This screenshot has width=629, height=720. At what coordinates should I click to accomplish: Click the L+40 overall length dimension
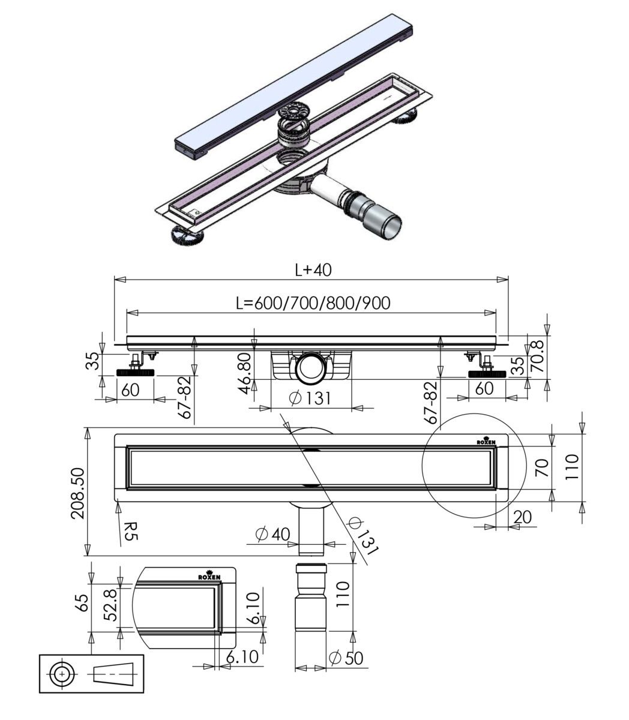pos(313,270)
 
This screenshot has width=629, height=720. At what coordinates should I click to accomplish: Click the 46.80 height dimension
pos(244,373)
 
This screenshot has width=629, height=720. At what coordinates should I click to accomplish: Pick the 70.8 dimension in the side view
pos(538,355)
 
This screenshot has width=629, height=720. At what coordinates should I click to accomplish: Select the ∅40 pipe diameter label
pos(272,534)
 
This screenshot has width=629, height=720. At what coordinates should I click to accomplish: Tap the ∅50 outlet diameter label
pos(347,658)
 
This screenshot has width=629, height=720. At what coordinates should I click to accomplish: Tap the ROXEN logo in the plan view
pos(486,441)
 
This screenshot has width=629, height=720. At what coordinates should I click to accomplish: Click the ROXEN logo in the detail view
pos(209,576)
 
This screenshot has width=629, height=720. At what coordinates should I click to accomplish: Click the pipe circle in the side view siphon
pos(311,367)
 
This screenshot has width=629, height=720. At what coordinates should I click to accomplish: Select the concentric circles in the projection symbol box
pos(61,674)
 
